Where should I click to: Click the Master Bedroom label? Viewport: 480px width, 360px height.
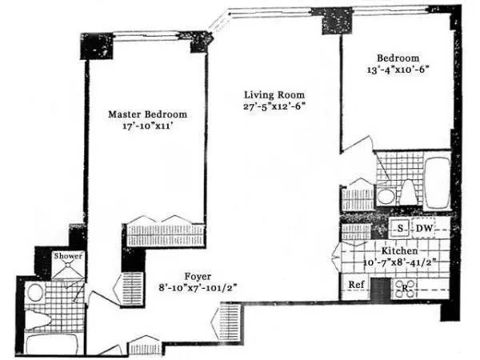point(147,114)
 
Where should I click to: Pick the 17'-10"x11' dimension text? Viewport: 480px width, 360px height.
point(147,126)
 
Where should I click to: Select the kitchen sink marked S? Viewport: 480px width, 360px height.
point(398,228)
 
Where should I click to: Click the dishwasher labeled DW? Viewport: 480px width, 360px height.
point(424,228)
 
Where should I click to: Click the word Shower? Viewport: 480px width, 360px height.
point(68,256)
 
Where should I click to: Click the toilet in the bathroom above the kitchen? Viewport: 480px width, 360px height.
point(407,192)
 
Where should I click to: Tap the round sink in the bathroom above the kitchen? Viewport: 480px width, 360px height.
point(385,196)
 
